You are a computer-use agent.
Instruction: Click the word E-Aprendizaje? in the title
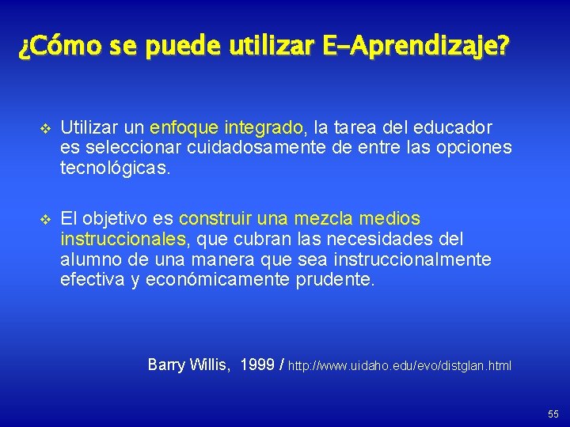coord(416,47)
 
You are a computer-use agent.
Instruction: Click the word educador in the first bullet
coord(454,127)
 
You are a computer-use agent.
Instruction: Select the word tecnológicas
coord(115,168)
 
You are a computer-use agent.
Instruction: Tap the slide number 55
coord(552,414)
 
